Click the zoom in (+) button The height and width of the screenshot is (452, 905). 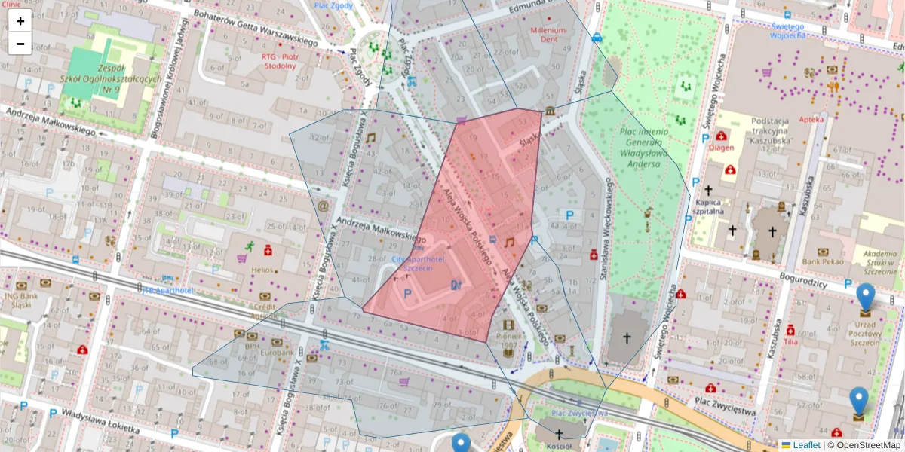coord(20,21)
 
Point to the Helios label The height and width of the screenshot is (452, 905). coord(263,270)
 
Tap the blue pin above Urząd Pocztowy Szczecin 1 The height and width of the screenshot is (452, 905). coord(865,296)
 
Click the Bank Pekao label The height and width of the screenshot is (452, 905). coord(822,261)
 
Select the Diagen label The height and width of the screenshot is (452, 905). coord(721,148)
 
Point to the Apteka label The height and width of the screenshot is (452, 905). coord(833,118)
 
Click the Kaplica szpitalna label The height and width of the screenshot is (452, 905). coord(710,207)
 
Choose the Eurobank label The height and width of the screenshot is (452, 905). coord(277,352)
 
